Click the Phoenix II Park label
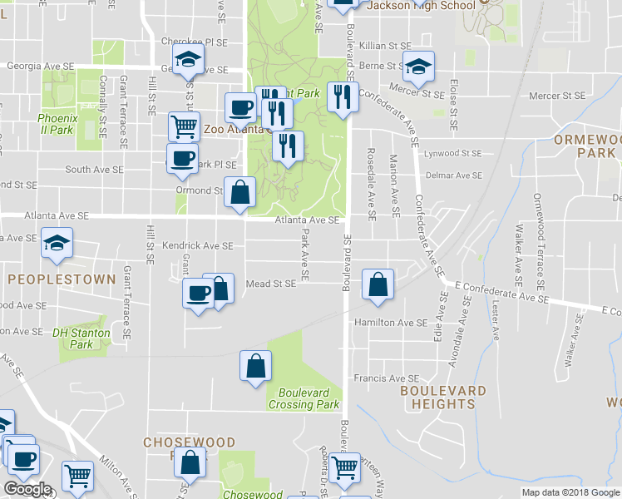[57, 124]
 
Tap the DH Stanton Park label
[81, 338]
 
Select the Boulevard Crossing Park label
[304, 398]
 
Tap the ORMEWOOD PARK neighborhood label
[586, 146]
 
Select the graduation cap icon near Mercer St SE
[418, 65]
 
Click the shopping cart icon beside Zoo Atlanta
[184, 126]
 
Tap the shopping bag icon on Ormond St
[239, 192]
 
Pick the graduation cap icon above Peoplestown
[57, 242]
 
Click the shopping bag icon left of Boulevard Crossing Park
[255, 365]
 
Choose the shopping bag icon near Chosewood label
[190, 463]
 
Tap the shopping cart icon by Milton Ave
[77, 476]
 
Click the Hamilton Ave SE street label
[390, 322]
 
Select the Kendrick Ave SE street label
[197, 246]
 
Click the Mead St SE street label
[271, 284]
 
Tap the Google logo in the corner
[27, 489]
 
